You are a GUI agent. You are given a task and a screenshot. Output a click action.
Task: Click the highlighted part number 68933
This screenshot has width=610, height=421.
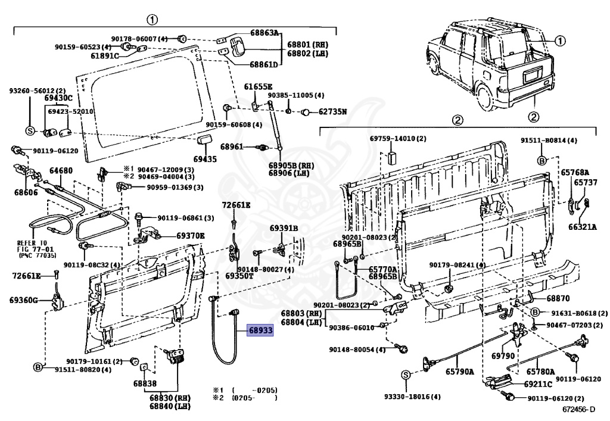(x=260, y=329)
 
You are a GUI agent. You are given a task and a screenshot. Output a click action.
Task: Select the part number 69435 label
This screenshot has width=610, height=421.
(x=206, y=160)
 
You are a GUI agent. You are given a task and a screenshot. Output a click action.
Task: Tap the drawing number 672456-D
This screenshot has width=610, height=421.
(x=578, y=410)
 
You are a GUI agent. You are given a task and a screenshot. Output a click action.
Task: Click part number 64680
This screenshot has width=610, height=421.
(x=61, y=171)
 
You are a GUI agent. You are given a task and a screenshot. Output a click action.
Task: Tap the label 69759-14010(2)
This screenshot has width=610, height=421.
(x=398, y=139)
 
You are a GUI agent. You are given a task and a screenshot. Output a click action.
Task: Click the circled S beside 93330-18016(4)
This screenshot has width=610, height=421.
(x=405, y=375)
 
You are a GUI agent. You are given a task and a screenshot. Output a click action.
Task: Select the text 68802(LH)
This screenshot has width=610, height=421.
(x=308, y=54)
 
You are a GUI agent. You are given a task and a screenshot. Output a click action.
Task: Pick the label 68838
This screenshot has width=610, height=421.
(x=145, y=384)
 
